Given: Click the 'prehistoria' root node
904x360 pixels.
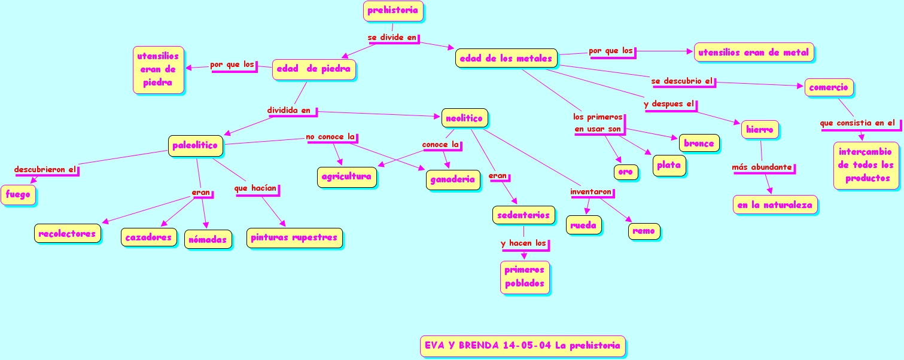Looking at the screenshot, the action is click(x=393, y=11).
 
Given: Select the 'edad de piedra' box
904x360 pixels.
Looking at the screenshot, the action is click(x=313, y=69).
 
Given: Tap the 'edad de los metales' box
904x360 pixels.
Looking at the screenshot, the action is click(x=506, y=59).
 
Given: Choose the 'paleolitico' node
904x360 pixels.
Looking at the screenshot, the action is click(x=195, y=146).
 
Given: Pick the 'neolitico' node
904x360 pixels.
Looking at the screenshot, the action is click(x=464, y=118).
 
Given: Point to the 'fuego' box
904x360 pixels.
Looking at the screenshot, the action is click(x=18, y=195).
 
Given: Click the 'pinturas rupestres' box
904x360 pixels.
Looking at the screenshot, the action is click(x=294, y=238).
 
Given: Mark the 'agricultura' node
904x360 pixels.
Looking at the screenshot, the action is click(x=346, y=177).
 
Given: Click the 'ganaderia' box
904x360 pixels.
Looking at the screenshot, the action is click(x=452, y=179).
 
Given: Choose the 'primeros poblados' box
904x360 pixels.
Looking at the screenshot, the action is click(x=524, y=277).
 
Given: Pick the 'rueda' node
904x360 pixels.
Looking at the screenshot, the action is click(x=583, y=225).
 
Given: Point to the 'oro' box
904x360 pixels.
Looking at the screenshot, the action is click(x=625, y=172).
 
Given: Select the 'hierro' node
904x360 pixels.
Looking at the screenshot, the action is click(x=760, y=130).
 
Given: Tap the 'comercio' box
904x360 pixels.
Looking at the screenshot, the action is click(x=828, y=88).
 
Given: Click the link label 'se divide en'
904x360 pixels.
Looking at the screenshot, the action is click(x=392, y=38).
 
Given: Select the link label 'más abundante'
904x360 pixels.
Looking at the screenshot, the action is click(x=762, y=167).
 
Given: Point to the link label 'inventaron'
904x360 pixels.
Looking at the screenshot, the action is click(x=591, y=193).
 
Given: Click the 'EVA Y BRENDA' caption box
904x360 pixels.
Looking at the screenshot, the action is click(x=522, y=346).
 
